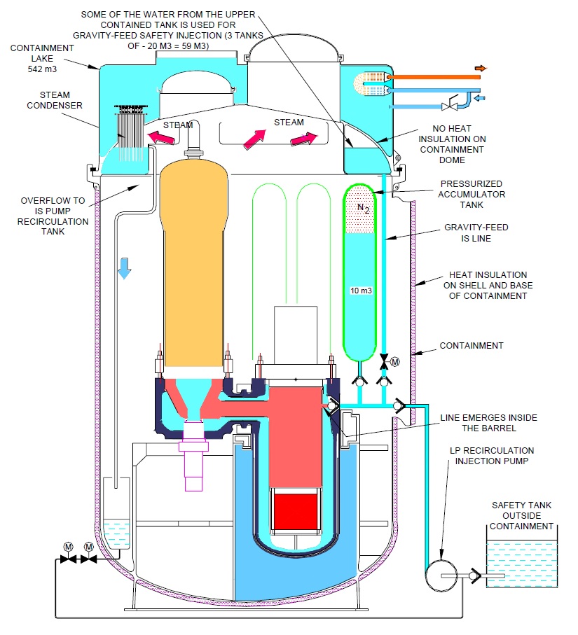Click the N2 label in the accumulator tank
coord(362,208)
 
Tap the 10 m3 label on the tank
coord(362,288)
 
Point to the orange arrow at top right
coord(481,68)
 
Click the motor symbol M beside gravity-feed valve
coord(395,362)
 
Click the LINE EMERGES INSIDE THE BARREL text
coord(488,423)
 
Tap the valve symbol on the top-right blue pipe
coord(450,107)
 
